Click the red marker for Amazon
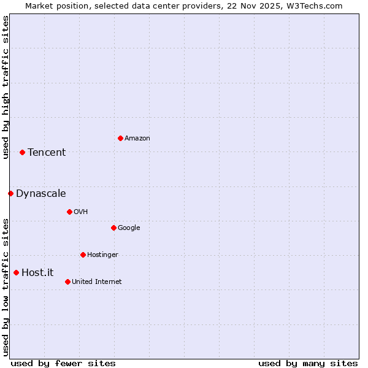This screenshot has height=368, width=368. coord(120,138)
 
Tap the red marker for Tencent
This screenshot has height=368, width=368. coord(22,152)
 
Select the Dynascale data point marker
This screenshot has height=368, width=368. coord(10,193)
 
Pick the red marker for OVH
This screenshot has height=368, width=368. coord(69,212)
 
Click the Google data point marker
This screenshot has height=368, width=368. coord(113,228)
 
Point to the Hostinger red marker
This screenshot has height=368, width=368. coord(83,255)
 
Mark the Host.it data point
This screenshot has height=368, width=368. coord(16,272)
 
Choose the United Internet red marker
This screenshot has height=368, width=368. coord(67,282)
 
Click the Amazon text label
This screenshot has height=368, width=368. coord(137,139)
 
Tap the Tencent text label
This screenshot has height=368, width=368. coord(47,153)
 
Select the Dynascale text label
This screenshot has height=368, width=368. coord(41,194)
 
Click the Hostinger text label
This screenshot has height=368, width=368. coord(102,255)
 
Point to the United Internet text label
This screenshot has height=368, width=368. coord(97,282)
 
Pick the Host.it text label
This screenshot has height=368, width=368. coord(37,273)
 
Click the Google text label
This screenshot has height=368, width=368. coord(129,228)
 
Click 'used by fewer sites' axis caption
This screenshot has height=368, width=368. coord(63,363)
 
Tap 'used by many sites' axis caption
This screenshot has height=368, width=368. coord(308,363)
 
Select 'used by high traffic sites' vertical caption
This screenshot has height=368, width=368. coord(6,87)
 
